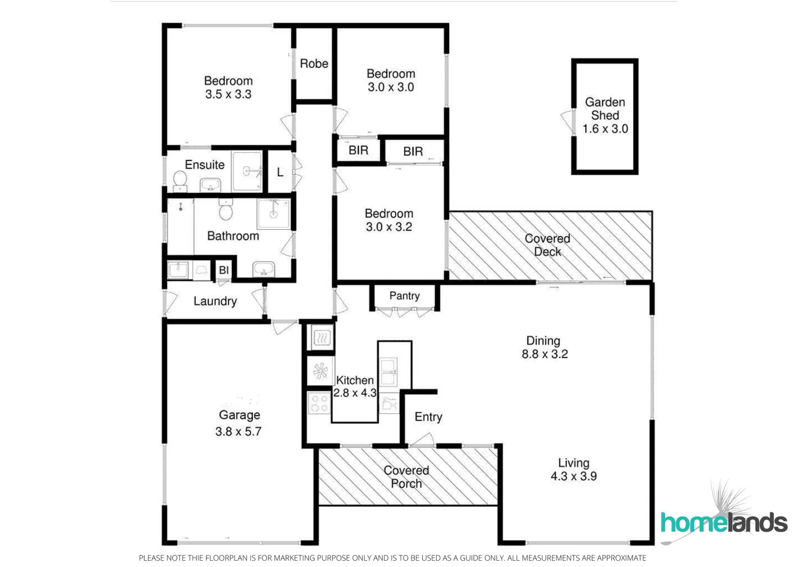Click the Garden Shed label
pyautogui.click(x=605, y=109)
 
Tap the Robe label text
pyautogui.click(x=314, y=64)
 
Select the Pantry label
pyautogui.click(x=404, y=296)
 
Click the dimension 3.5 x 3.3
pyautogui.click(x=228, y=94)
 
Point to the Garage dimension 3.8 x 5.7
pyautogui.click(x=238, y=432)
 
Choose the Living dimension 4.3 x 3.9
pyautogui.click(x=574, y=476)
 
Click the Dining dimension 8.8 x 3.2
pyautogui.click(x=545, y=354)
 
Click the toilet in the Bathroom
pyautogui.click(x=226, y=211)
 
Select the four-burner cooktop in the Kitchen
pyautogui.click(x=319, y=403)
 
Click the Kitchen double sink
pyautogui.click(x=388, y=371)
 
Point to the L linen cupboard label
pyautogui.click(x=280, y=172)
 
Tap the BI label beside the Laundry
pyautogui.click(x=224, y=270)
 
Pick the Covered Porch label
pyautogui.click(x=406, y=477)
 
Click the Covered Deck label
pyautogui.click(x=547, y=245)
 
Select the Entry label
pyautogui.click(x=428, y=417)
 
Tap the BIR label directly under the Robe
pyautogui.click(x=358, y=151)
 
